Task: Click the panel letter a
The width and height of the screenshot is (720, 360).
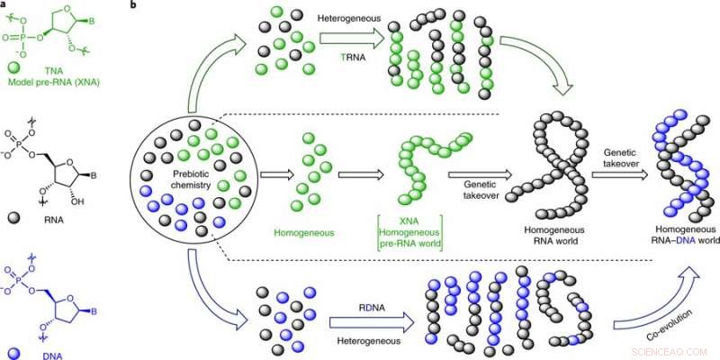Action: coord(5,6)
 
